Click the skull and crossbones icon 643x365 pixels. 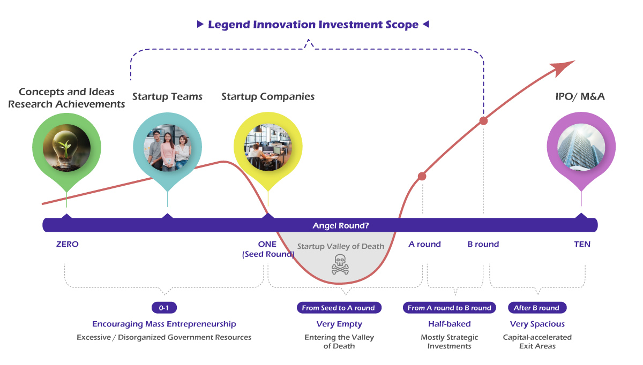pos(340,264)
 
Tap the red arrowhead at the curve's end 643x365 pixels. pos(562,68)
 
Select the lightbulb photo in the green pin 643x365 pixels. pos(66,148)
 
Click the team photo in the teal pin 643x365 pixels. pos(167,147)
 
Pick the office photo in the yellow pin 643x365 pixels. pos(268,147)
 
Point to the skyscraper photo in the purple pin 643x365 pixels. pos(581,147)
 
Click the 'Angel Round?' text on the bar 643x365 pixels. pos(340,226)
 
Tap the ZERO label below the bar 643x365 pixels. pos(67,244)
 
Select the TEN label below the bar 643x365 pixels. pos(582,244)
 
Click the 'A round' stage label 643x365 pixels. pos(424,244)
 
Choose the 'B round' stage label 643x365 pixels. pos(483,244)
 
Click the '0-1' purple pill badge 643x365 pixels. pos(164,308)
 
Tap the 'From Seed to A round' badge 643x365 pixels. pos(339,308)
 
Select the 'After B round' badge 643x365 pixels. pos(537,308)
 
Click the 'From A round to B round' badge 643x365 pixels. pos(449,308)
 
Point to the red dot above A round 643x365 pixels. pos(422,176)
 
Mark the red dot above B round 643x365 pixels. pos(484,121)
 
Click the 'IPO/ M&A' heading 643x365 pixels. pos(580,97)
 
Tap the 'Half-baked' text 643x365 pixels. pos(449,324)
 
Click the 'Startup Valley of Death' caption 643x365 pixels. pos(340,246)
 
